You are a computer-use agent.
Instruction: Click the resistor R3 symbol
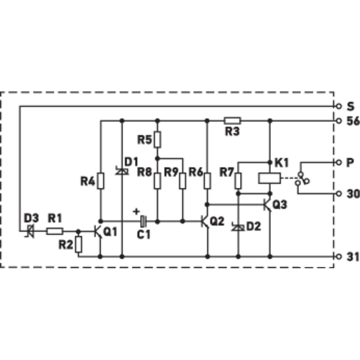click(x=232, y=121)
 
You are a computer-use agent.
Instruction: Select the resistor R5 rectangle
click(x=157, y=139)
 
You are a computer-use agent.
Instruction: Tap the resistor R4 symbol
click(x=100, y=181)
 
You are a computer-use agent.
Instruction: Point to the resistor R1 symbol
click(x=55, y=231)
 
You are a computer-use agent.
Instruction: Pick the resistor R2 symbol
click(x=78, y=244)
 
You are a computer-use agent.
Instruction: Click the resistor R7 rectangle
click(x=238, y=181)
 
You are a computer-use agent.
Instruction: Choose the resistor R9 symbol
click(x=183, y=181)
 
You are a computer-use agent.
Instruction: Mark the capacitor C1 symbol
click(x=144, y=221)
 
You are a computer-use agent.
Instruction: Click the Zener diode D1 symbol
click(x=122, y=171)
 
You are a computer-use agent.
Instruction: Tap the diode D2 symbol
click(x=238, y=227)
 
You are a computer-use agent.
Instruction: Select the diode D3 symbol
click(x=30, y=231)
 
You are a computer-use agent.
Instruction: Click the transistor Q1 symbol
click(x=98, y=232)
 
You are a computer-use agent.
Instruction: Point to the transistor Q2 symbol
click(x=205, y=221)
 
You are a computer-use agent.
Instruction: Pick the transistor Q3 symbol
click(x=268, y=204)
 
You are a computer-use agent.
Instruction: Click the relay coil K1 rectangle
click(x=269, y=178)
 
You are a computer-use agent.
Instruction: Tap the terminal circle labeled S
click(x=338, y=106)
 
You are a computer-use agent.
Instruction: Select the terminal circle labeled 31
click(x=338, y=256)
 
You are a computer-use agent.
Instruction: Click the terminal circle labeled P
click(x=338, y=162)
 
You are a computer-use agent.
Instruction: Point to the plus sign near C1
click(x=136, y=211)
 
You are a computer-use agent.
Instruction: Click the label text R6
click(x=196, y=172)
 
